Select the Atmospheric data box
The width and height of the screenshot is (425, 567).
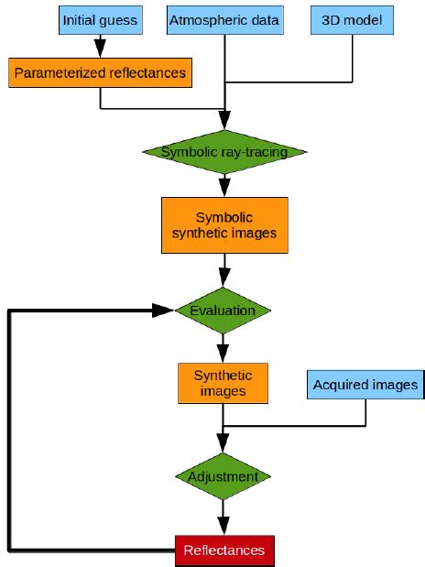click(x=224, y=20)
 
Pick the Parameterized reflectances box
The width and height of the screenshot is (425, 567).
click(x=100, y=72)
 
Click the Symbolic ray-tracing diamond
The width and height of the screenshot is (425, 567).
click(x=223, y=151)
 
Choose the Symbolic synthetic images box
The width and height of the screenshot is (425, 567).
click(x=224, y=225)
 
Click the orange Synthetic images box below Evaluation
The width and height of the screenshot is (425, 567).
click(x=223, y=383)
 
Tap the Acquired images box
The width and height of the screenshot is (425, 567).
click(x=365, y=384)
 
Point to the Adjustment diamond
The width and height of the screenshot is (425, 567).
click(x=223, y=476)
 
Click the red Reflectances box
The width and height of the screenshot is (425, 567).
click(x=223, y=550)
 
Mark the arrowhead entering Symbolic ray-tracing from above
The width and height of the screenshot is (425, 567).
click(x=224, y=121)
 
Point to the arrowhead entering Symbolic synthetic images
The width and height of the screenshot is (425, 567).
click(x=224, y=189)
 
